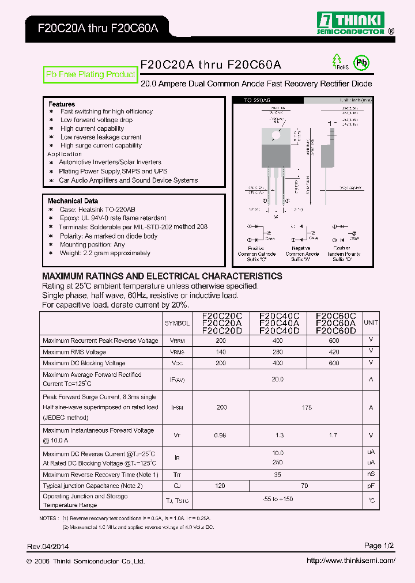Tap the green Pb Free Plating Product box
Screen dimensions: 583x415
(90, 74)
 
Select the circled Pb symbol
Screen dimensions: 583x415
(361, 63)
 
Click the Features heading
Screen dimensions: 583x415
(62, 104)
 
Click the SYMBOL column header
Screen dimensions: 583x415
(177, 323)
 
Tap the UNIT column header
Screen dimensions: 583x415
(371, 323)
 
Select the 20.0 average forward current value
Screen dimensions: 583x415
(277, 379)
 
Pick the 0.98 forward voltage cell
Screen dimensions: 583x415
(220, 436)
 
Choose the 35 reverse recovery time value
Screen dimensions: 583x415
(277, 475)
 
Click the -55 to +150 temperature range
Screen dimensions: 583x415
(277, 499)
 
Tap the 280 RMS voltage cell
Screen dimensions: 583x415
(278, 352)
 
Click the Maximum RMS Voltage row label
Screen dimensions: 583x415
(74, 352)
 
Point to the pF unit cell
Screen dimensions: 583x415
(371, 486)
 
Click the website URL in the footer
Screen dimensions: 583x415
(350, 561)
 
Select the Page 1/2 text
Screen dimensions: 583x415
(379, 546)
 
